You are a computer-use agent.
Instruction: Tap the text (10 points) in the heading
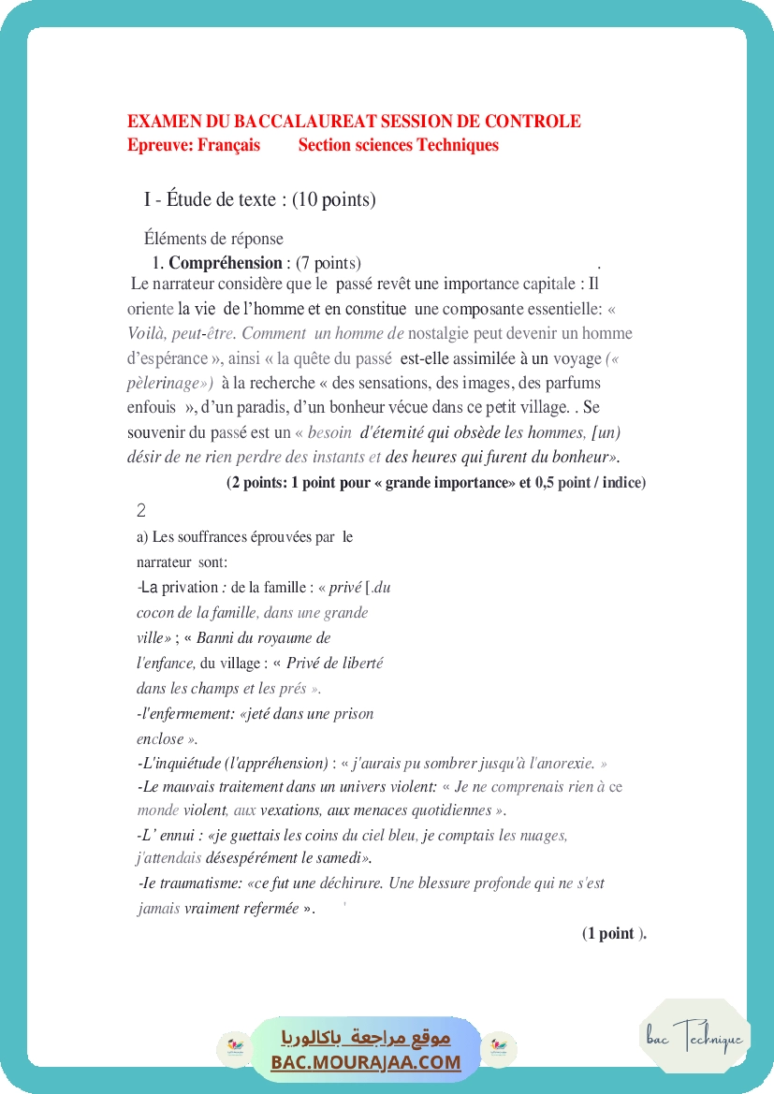(334, 199)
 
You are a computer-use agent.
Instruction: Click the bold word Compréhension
(226, 263)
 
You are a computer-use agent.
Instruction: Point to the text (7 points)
(329, 263)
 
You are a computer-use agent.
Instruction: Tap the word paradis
(292, 407)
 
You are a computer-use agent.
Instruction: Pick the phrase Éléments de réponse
(213, 239)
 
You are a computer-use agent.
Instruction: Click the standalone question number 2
(141, 511)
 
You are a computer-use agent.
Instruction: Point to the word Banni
(214, 638)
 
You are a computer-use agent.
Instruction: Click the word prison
(352, 713)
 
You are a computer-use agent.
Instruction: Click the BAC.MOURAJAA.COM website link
(366, 1062)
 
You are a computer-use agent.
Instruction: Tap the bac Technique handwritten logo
(694, 1037)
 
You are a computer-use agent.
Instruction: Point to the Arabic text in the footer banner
(366, 1038)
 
